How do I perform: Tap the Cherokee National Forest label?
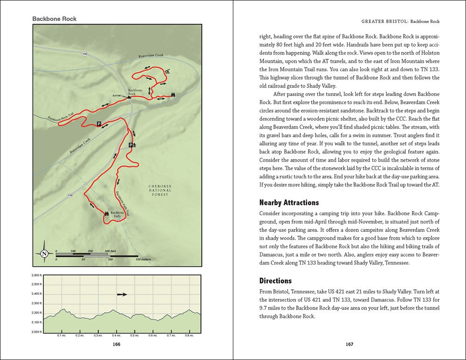point(160,190)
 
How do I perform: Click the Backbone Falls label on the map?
point(118,215)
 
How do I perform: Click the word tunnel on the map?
point(116,95)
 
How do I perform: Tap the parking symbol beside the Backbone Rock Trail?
point(99,123)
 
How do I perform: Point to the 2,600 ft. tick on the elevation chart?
point(36,275)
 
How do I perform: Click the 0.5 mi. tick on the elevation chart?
point(135,335)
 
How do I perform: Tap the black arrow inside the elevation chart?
point(122,294)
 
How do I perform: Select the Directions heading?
point(275,281)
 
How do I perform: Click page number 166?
point(117,345)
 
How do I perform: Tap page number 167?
point(349,345)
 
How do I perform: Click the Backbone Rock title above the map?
point(55,19)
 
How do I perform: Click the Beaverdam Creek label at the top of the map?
point(151,56)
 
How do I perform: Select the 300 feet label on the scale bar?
point(110,251)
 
